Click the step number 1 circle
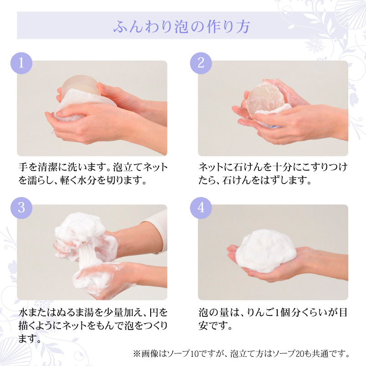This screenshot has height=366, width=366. click(x=21, y=63)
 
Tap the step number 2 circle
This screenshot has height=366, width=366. click(x=201, y=63)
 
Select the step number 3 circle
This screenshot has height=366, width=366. click(x=21, y=208)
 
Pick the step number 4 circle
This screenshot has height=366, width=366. click(x=201, y=208)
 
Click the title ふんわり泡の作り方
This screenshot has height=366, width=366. click(x=182, y=26)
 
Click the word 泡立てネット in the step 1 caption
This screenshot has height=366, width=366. click(x=140, y=167)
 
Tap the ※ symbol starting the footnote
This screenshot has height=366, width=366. click(x=137, y=354)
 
